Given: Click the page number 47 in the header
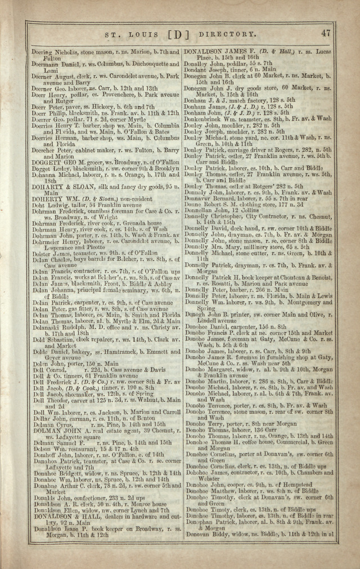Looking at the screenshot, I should pyautogui.click(x=326, y=33).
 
